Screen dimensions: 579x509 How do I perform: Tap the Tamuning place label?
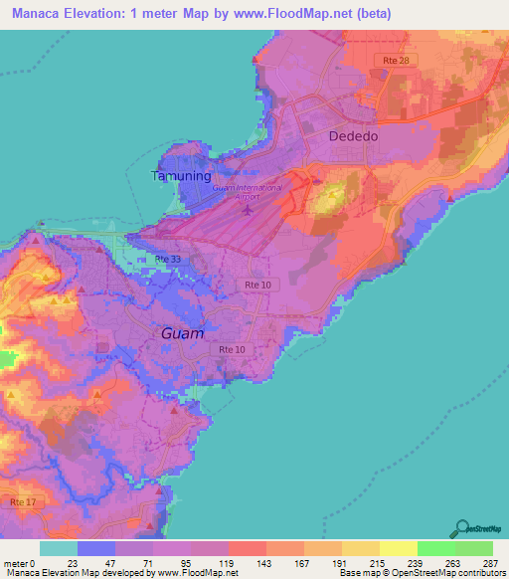180,176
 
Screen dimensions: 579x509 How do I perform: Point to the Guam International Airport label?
247,192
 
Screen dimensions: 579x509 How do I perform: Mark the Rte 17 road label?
21,503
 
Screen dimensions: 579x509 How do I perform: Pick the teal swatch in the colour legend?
59,548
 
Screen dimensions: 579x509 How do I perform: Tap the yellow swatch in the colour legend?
399,548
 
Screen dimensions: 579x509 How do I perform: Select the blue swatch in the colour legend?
96,548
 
